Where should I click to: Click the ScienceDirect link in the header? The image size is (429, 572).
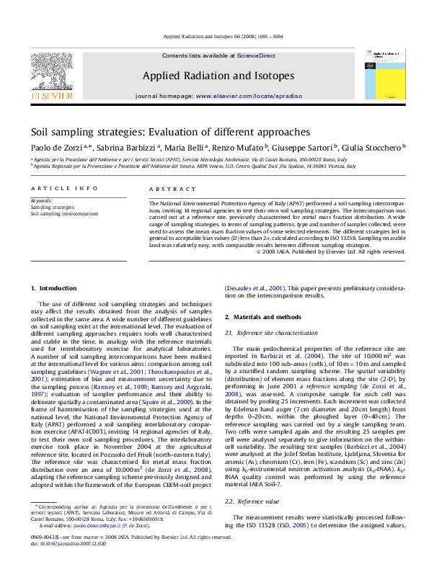tap(257, 55)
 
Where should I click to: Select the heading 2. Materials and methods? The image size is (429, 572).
tap(262, 317)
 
